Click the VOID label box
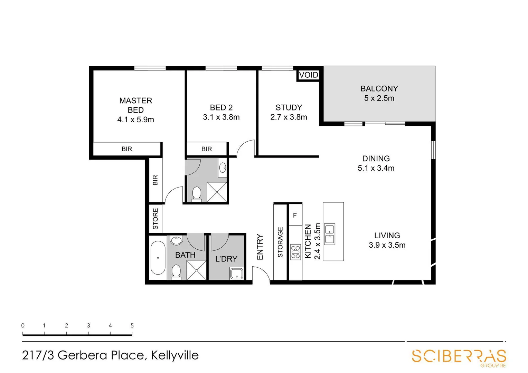pyautogui.click(x=308, y=75)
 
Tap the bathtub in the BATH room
pyautogui.click(x=158, y=258)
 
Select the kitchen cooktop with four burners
pyautogui.click(x=295, y=252)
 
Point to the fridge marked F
pyautogui.click(x=295, y=216)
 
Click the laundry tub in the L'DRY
pyautogui.click(x=237, y=274)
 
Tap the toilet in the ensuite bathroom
pyautogui.click(x=197, y=193)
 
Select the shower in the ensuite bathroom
pyautogui.click(x=217, y=192)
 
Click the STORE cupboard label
pyautogui.click(x=155, y=219)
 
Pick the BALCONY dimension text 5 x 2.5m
pyautogui.click(x=379, y=98)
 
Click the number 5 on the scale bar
pyautogui.click(x=132, y=325)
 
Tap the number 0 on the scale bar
pyautogui.click(x=23, y=325)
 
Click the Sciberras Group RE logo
pyautogui.click(x=459, y=357)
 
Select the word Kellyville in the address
pyautogui.click(x=175, y=355)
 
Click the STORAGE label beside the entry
pyautogui.click(x=280, y=242)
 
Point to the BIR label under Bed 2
pyautogui.click(x=207, y=149)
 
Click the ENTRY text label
pyautogui.click(x=260, y=247)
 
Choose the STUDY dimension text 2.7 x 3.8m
pyautogui.click(x=289, y=117)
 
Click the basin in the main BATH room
pyautogui.click(x=177, y=240)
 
